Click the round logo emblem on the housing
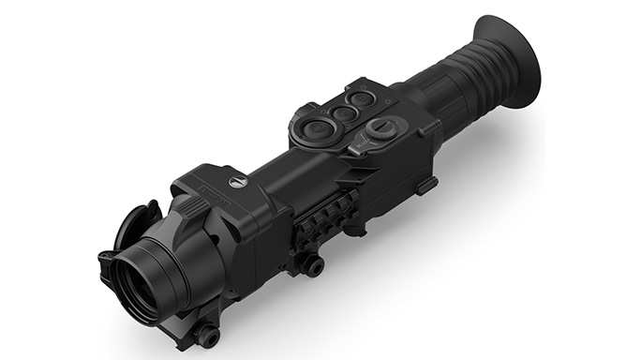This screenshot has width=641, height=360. pos(233,173)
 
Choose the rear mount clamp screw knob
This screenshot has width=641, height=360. pos(314,267)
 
